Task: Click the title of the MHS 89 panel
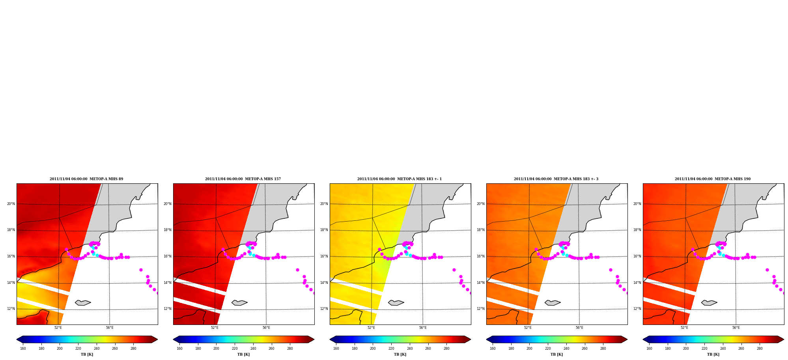[x=86, y=179]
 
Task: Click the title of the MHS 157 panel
[x=243, y=179]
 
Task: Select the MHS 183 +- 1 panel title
[x=400, y=179]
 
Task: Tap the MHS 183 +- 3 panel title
[x=556, y=179]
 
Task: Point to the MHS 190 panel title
[x=713, y=179]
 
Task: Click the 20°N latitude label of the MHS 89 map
[x=11, y=204]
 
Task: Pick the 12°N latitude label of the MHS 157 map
[x=167, y=309]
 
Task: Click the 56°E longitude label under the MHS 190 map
[x=736, y=328]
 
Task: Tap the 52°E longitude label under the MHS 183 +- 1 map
[x=371, y=328]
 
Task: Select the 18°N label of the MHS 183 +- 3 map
[x=480, y=230]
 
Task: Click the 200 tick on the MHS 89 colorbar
[x=60, y=349]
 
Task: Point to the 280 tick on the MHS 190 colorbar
[x=760, y=349]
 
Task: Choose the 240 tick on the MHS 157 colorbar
[x=253, y=349]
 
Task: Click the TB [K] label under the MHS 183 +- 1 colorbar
[x=400, y=354]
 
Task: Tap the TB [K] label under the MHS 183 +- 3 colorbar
[x=556, y=354]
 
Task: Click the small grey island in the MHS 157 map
[x=239, y=303]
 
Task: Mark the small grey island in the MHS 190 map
[x=709, y=303]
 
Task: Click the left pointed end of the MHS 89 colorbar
[x=17, y=339]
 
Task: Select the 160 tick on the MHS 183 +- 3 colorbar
[x=493, y=349]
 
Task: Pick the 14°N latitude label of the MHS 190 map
[x=637, y=283]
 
